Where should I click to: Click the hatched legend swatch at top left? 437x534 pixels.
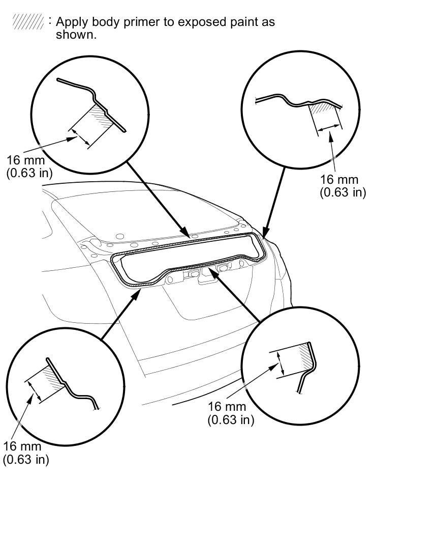(x=28, y=22)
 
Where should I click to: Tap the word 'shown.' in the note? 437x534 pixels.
(x=76, y=35)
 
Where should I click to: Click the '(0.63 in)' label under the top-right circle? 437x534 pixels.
(x=342, y=192)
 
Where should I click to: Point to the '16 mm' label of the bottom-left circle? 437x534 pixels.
(x=22, y=446)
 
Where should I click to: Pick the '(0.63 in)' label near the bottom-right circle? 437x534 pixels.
(x=231, y=419)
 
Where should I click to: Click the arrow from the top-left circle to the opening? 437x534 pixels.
(x=158, y=199)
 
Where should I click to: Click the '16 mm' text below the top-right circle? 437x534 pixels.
(x=339, y=179)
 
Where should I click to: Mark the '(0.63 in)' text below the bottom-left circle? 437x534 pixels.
(x=26, y=459)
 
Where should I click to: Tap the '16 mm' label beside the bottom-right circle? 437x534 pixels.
(x=227, y=407)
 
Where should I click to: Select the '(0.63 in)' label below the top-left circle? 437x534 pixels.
(x=29, y=173)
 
